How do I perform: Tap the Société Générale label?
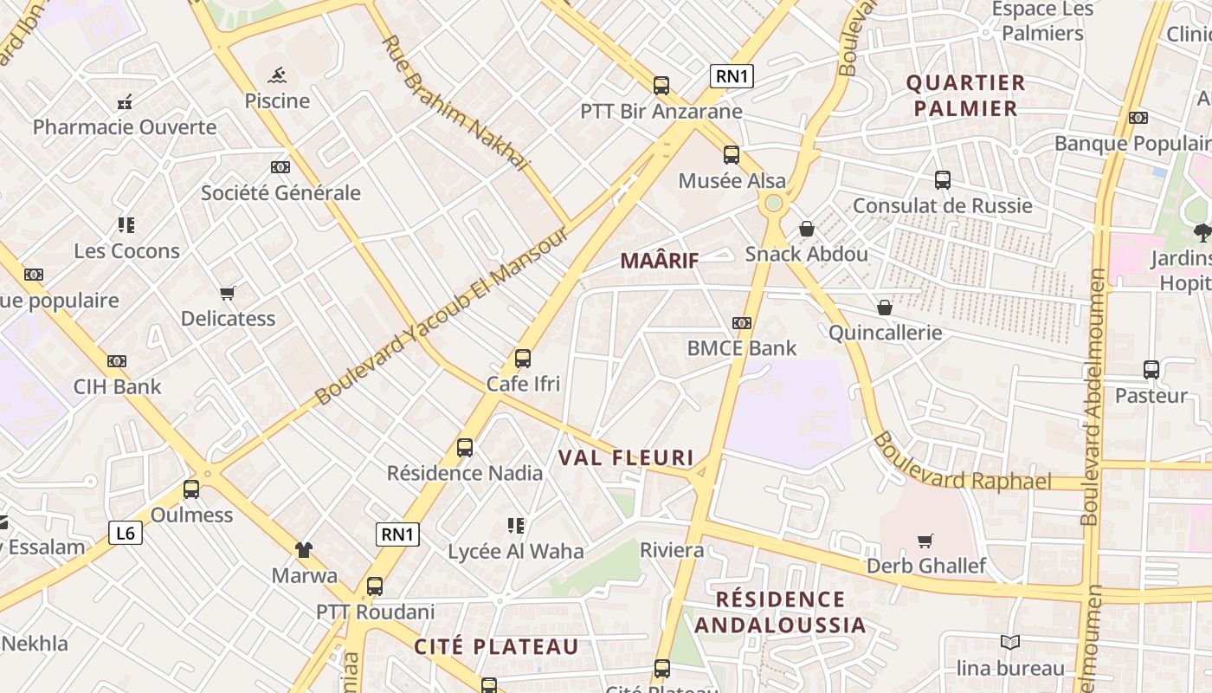(280, 192)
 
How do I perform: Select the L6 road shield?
(126, 532)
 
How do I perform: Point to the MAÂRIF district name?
(659, 260)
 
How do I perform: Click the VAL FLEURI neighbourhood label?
(626, 457)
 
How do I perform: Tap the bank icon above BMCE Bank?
(742, 323)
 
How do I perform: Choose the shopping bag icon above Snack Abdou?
(807, 229)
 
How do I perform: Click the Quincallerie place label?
(885, 333)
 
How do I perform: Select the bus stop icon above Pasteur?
(1151, 370)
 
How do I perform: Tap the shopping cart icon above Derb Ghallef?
(925, 541)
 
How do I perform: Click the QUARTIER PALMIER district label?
(966, 96)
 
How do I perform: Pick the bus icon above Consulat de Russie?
(943, 180)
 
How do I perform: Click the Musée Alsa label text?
(732, 181)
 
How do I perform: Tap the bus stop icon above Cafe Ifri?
(523, 358)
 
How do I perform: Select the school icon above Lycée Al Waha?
(516, 525)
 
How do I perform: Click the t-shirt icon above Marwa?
(304, 549)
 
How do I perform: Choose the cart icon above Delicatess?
(228, 293)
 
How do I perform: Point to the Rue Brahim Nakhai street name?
(454, 103)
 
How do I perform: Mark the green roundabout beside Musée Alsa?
(773, 203)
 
